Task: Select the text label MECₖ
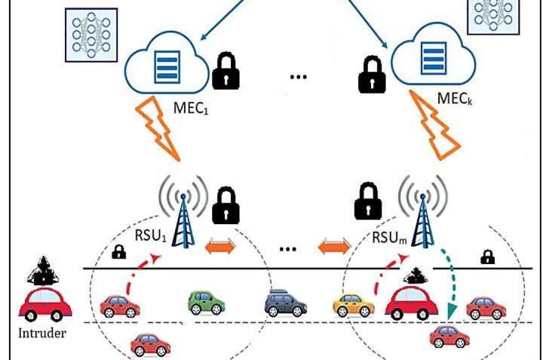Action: [x=456, y=99]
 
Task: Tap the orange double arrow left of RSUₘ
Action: [x=336, y=244]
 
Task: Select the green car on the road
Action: [x=207, y=303]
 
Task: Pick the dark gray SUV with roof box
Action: [x=286, y=303]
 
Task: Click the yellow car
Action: [x=354, y=304]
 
